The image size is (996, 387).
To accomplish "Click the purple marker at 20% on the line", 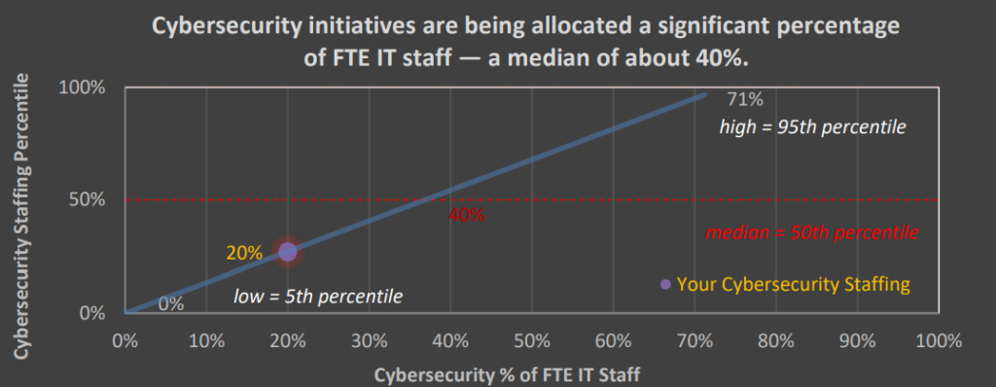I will coord(287,251).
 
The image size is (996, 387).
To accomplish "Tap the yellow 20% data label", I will coord(244,253).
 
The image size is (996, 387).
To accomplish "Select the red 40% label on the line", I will coord(467,216).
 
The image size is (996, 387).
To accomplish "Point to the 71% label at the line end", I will coord(745,100).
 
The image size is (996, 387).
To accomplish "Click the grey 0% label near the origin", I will coord(171,303).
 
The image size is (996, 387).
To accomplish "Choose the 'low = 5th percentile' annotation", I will coord(318,295).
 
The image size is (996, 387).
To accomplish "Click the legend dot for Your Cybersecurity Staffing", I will coord(665,284).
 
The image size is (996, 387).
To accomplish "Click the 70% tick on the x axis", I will coord(694,341).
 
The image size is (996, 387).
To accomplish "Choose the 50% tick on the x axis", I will coord(532,341).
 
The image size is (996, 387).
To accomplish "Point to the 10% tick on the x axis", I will coord(205,341).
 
